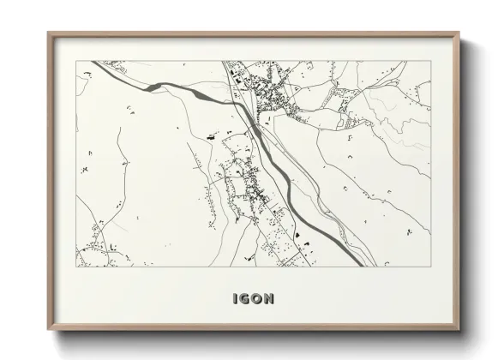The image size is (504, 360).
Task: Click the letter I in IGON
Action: coord(235,299)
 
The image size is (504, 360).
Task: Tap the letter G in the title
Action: coord(245,299)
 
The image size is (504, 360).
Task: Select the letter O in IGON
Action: coord(258,299)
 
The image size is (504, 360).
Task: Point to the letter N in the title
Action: coord(270,299)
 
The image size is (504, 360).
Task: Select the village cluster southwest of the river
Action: coord(244,184)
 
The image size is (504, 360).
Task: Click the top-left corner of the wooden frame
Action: coord(49,33)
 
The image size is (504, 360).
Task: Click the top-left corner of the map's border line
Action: coord(76,61)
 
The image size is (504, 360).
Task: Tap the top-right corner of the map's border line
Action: coord(431,61)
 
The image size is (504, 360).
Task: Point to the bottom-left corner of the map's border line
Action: coord(76,267)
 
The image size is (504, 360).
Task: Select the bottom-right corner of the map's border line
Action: coord(431,267)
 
